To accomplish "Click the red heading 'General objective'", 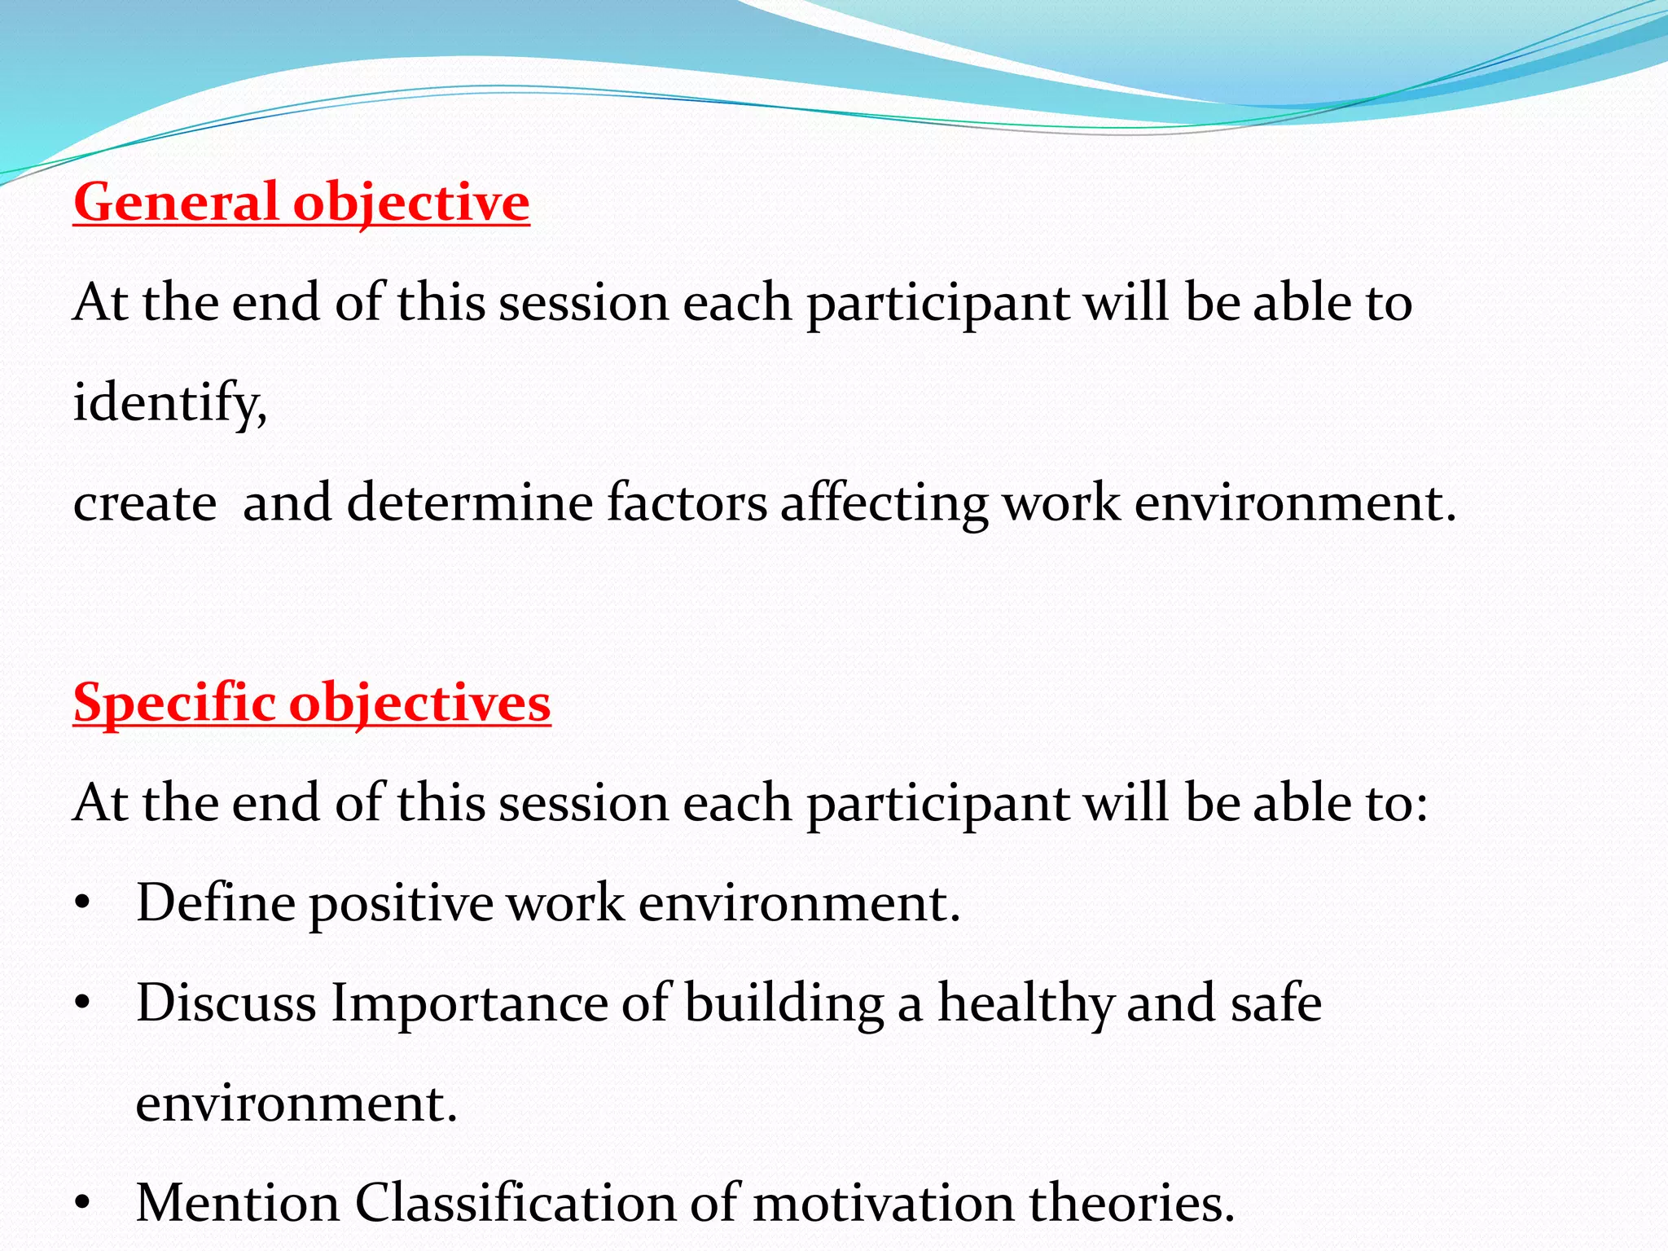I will click(x=301, y=202).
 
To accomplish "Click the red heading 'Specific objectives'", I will click(x=312, y=702).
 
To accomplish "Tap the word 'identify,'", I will click(x=170, y=402).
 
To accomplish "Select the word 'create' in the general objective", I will click(x=145, y=503).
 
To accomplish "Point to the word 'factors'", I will click(x=687, y=502).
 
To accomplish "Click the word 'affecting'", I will click(x=884, y=503).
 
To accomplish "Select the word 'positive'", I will click(x=401, y=904).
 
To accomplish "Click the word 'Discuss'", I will click(x=226, y=1003).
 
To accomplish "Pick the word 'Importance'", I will click(x=469, y=1004).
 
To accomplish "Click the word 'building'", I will click(x=784, y=1004).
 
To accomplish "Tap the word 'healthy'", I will click(x=1025, y=1004).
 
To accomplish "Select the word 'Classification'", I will click(x=516, y=1203).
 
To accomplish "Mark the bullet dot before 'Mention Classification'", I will click(x=81, y=1205).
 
